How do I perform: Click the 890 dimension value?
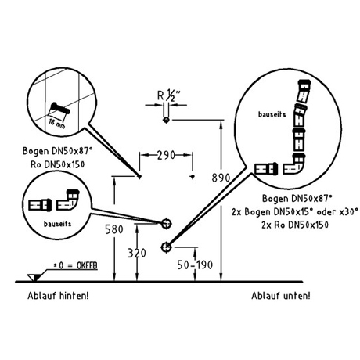[x=221, y=178]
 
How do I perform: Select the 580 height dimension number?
[x=114, y=229]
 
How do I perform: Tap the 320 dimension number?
[x=137, y=253]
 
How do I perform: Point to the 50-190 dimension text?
[x=195, y=265]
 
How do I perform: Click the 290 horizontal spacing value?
[x=166, y=155]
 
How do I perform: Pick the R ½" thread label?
[x=169, y=95]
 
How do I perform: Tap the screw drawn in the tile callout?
[x=60, y=109]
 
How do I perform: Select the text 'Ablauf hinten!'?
[x=58, y=296]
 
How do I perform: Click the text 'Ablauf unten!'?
[x=281, y=296]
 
